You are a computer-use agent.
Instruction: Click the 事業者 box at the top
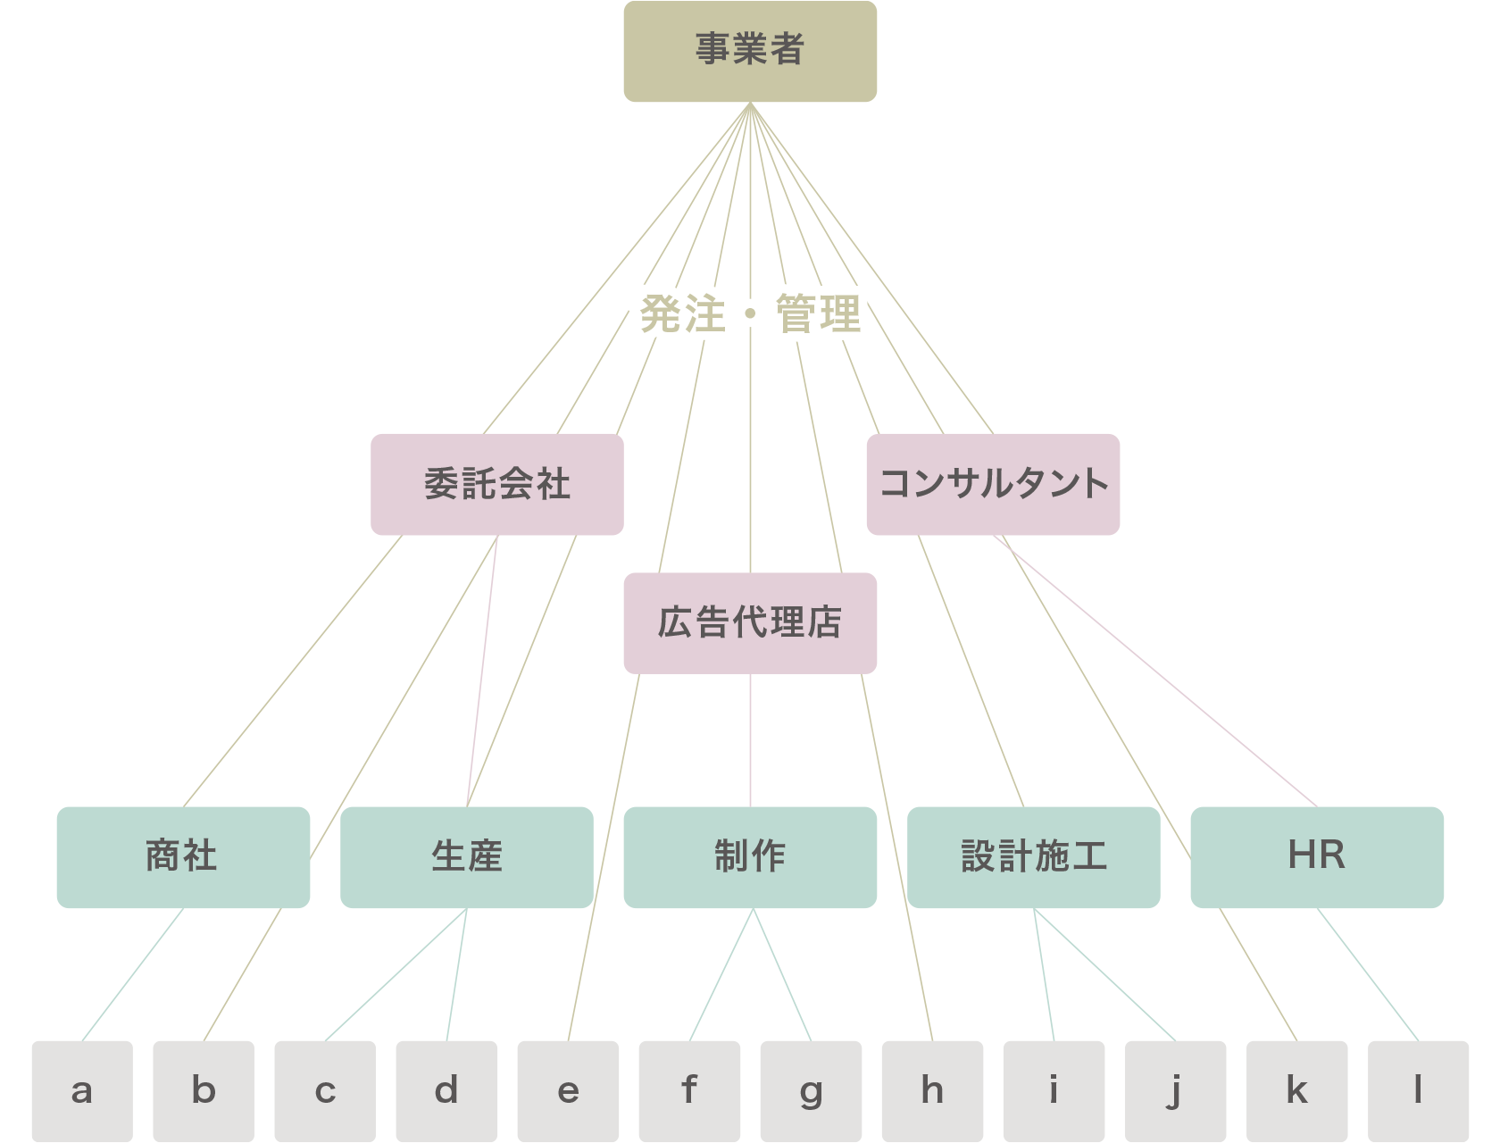(x=750, y=51)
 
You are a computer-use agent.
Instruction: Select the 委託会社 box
(x=496, y=484)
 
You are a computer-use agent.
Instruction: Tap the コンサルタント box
(x=993, y=484)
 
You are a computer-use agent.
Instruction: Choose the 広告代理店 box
(x=750, y=622)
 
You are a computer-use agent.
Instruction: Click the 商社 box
(x=183, y=856)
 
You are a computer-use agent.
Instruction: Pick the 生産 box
(x=466, y=856)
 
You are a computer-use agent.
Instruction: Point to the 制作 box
(x=750, y=856)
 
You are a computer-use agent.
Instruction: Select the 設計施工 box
(x=1033, y=856)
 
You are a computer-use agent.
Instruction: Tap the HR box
(x=1317, y=856)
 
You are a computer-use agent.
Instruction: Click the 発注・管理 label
(x=750, y=313)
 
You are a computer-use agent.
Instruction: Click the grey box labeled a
(x=82, y=1091)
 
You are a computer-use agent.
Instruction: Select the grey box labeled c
(x=325, y=1091)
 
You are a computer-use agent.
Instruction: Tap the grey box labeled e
(x=568, y=1091)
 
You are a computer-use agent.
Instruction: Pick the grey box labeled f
(x=689, y=1091)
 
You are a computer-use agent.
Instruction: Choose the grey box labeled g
(x=811, y=1091)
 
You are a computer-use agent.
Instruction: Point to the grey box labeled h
(x=932, y=1091)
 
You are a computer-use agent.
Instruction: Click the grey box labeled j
(x=1175, y=1091)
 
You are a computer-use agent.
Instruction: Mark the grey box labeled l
(x=1418, y=1091)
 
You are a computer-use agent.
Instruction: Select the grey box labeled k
(x=1296, y=1091)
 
